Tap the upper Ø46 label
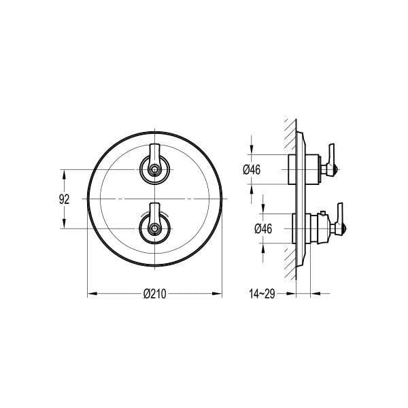click(252, 170)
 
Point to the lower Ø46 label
click(263, 228)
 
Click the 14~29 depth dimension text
click(262, 294)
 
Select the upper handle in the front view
click(155, 163)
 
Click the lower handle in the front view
click(155, 220)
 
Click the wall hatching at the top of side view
click(289, 126)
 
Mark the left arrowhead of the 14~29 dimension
click(292, 294)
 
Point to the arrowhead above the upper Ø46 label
click(252, 151)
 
